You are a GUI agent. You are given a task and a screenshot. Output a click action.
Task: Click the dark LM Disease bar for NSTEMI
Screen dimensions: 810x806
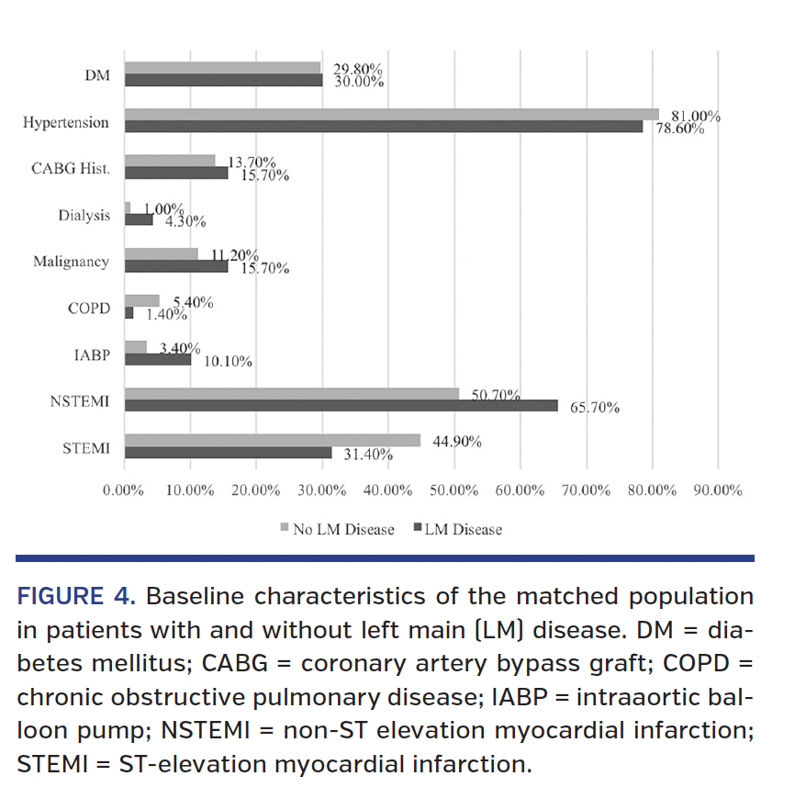340,405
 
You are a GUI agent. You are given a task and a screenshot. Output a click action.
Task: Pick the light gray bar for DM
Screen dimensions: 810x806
222,68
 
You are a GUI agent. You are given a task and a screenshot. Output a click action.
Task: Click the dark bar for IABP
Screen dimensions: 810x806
157,359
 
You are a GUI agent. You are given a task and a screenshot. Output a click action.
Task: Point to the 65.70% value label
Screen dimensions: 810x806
595,408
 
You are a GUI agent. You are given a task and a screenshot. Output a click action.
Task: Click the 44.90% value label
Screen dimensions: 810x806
457,441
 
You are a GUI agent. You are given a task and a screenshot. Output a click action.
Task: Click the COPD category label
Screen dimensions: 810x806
88,309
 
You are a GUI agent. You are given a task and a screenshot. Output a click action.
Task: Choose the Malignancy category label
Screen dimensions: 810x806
71,262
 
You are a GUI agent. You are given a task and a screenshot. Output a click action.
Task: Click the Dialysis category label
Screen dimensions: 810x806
84,215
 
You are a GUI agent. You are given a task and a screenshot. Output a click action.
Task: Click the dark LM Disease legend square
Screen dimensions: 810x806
417,528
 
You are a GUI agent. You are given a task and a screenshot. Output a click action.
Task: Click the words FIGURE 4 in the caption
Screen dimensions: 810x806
75,597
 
